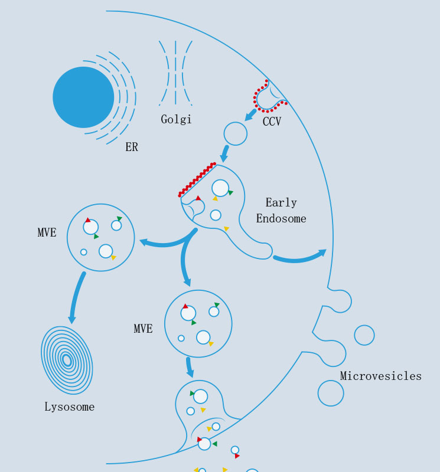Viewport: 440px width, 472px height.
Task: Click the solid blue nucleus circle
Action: coord(83,97)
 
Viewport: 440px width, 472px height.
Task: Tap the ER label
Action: coord(131,147)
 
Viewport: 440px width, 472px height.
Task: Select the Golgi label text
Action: coord(176,120)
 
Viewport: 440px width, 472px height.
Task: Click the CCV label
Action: coord(272,122)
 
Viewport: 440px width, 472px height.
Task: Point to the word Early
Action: coord(281,203)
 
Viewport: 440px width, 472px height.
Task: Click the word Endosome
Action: coord(281,219)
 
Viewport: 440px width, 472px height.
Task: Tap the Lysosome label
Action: coord(69,407)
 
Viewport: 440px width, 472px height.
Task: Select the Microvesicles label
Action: coord(381,376)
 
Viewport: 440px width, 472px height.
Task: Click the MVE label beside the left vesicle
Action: coord(47,233)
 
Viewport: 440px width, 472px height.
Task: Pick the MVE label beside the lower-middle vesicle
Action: coord(143,329)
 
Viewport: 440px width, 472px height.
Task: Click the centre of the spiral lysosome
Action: coord(67,359)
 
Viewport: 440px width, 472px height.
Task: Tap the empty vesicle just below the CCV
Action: coord(236,134)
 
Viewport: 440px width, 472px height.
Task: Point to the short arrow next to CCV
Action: coord(250,114)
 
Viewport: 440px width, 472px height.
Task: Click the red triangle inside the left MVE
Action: coord(87,220)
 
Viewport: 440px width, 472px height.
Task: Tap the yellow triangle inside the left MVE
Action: coord(113,258)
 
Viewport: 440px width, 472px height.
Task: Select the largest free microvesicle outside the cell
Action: coord(331,393)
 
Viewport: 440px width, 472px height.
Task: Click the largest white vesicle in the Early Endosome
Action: coord(220,188)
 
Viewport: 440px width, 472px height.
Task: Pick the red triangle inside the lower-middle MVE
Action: coord(185,306)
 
